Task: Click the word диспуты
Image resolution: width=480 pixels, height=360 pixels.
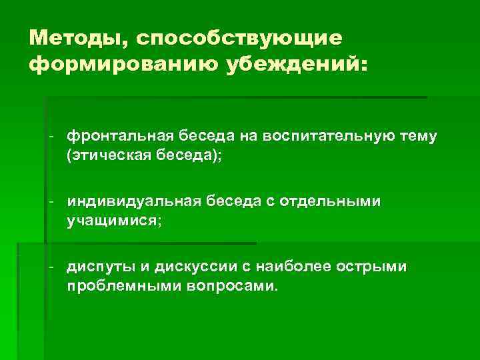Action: click(x=99, y=267)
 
